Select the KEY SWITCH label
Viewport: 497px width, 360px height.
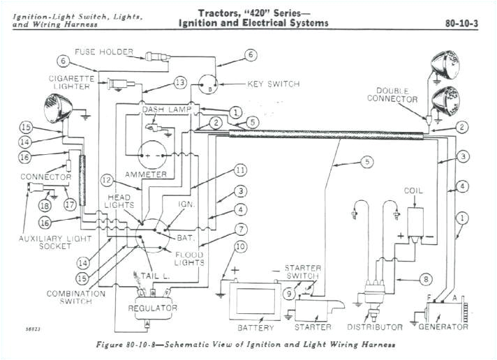tap(273, 84)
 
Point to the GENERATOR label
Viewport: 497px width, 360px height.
tap(444, 327)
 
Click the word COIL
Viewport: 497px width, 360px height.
tap(413, 190)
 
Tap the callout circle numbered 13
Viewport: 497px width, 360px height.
tap(180, 83)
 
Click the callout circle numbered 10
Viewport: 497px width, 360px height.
tap(241, 246)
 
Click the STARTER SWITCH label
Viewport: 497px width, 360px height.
tap(303, 272)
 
